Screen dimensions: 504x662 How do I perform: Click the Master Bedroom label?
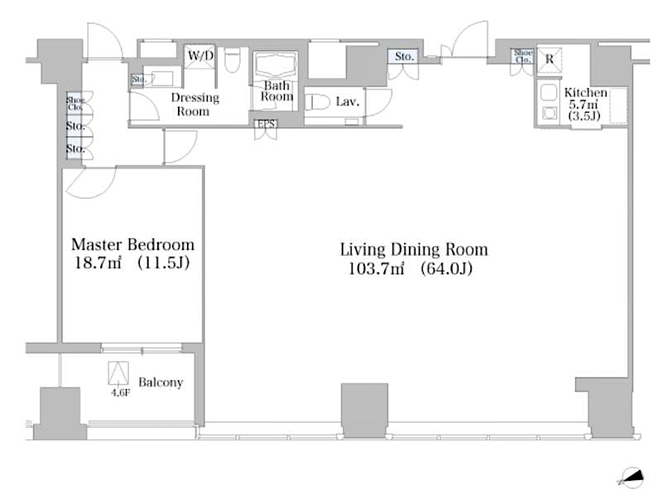point(132,245)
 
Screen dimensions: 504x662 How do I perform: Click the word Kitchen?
point(586,93)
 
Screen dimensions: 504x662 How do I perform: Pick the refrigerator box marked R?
point(550,59)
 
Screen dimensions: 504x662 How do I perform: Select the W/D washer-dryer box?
point(200,55)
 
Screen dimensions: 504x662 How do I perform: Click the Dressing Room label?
point(194,104)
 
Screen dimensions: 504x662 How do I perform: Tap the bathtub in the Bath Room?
point(277,66)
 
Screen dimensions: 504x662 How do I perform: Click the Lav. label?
point(347,102)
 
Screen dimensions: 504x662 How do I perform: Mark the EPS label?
point(266,124)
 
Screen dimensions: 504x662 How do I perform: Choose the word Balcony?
point(161,383)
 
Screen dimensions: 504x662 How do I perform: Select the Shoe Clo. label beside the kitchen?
point(522,55)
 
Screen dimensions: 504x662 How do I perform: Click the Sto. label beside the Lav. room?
point(403,56)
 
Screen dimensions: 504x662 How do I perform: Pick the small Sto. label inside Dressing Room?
point(137,80)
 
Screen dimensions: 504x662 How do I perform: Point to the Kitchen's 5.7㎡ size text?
point(584,105)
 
